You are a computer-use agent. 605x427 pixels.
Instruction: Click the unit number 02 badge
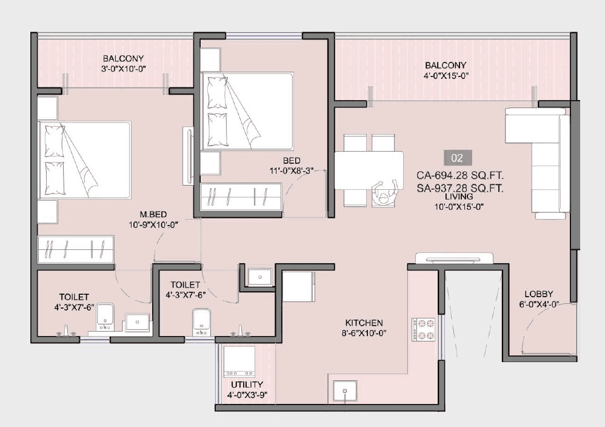point(457,158)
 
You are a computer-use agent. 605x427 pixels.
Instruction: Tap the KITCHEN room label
point(364,323)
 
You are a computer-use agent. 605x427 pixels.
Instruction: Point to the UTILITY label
point(247,385)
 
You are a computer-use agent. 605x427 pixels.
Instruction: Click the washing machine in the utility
point(239,362)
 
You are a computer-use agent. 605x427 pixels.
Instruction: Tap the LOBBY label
point(538,294)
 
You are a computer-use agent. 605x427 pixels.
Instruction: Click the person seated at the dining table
point(384,193)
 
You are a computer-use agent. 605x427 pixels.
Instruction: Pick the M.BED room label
point(153,213)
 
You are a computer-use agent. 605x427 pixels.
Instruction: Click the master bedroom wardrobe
point(76,250)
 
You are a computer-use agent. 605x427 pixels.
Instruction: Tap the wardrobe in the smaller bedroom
point(241,198)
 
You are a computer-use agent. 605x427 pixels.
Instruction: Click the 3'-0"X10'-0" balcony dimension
point(123,69)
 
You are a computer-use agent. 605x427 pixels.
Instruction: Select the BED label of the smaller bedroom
point(292,161)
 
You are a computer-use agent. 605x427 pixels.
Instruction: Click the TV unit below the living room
point(453,259)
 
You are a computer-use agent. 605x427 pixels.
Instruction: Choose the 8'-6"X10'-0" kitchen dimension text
point(364,333)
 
